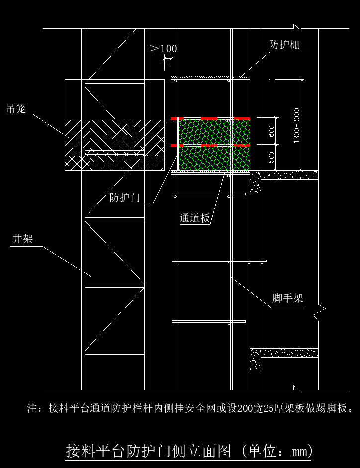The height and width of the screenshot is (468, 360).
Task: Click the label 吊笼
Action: tap(16, 108)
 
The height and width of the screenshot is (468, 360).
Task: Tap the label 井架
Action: tap(22, 239)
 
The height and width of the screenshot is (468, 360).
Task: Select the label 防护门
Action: tap(125, 198)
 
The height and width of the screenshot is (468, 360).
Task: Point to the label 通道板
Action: tap(195, 218)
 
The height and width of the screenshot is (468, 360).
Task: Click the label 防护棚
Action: tap(284, 45)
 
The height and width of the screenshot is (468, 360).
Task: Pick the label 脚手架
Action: tap(288, 298)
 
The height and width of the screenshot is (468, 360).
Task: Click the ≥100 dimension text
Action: tap(163, 48)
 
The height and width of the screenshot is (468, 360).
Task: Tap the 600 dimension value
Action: tap(271, 131)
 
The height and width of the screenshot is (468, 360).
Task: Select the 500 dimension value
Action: tap(271, 157)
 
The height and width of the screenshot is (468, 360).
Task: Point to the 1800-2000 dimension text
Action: tap(296, 125)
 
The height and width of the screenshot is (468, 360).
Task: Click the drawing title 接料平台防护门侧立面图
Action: tap(149, 451)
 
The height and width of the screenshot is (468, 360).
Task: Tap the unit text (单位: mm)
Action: tap(277, 451)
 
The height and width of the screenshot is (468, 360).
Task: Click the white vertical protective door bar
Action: tap(178, 145)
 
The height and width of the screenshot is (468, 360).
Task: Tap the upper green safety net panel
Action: tap(214, 132)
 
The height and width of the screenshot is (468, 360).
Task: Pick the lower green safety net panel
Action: tap(214, 158)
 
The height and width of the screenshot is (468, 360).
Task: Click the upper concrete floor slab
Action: tap(284, 175)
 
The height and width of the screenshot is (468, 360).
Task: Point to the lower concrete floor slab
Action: tap(284, 353)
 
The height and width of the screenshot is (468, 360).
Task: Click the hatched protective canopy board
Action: tap(210, 78)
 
